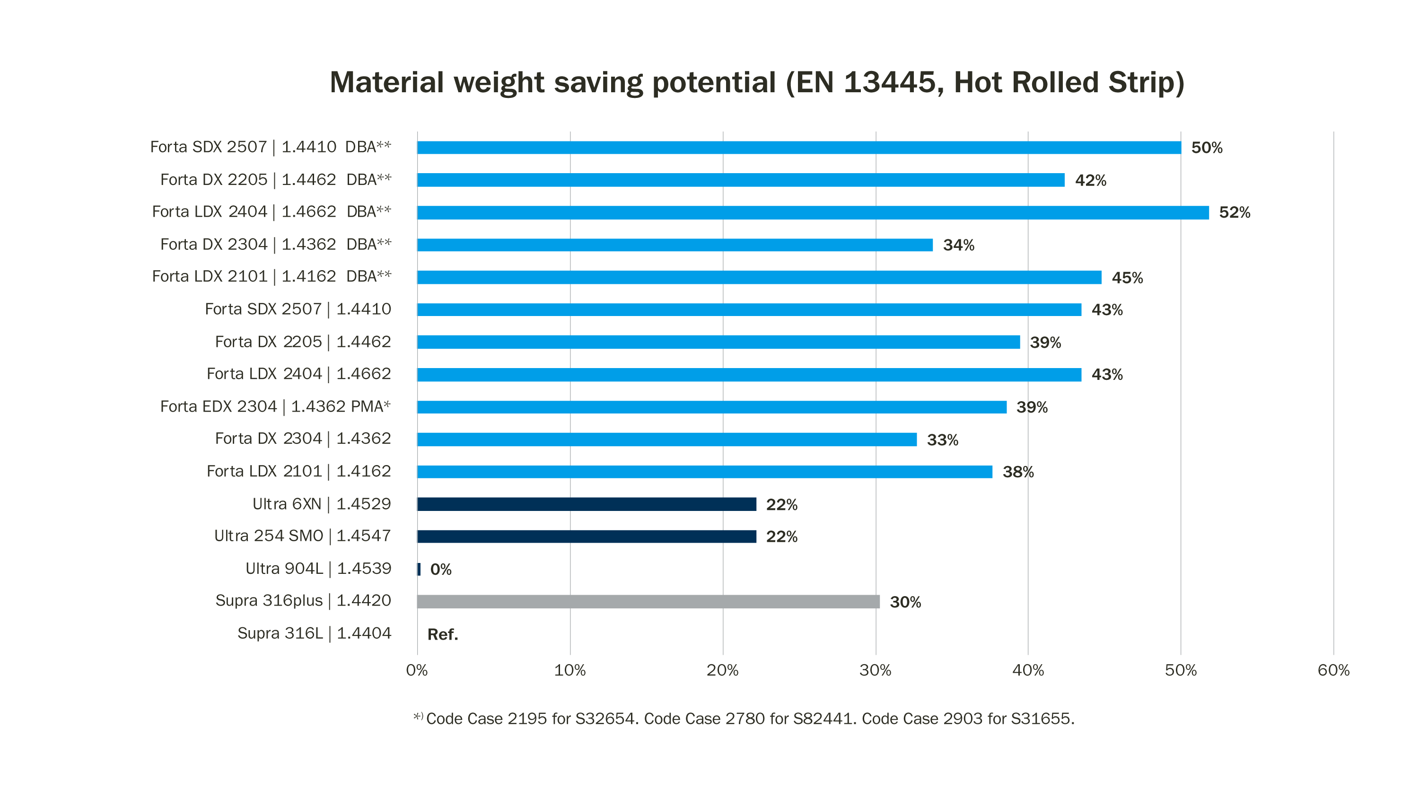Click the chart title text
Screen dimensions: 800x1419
click(756, 83)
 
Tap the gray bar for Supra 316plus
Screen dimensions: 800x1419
click(648, 602)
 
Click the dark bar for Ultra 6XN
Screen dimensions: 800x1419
click(586, 504)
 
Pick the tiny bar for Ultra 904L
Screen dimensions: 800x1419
click(419, 569)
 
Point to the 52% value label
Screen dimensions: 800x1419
click(1234, 213)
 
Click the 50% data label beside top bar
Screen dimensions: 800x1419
click(1206, 148)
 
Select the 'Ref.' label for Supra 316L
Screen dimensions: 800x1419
click(442, 634)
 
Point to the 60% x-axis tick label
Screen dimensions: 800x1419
click(1333, 670)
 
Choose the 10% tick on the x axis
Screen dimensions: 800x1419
click(569, 670)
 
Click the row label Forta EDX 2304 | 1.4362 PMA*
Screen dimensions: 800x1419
click(275, 406)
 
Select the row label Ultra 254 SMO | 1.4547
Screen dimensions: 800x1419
click(302, 536)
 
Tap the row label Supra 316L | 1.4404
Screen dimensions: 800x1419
click(314, 633)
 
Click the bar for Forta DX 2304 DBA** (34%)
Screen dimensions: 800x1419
click(675, 245)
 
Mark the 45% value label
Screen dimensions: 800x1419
click(1127, 278)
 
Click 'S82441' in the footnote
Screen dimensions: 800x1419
click(824, 719)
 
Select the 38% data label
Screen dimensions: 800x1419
click(1017, 472)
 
